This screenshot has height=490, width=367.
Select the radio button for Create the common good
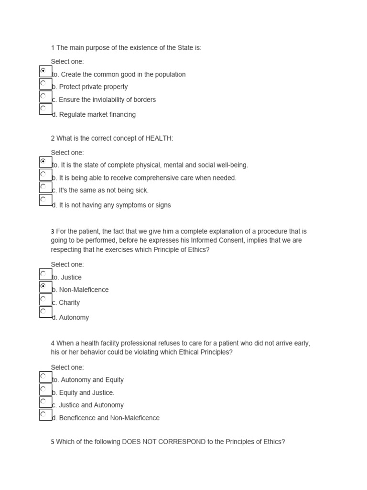tap(43, 71)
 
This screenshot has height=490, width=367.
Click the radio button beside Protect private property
tap(43, 83)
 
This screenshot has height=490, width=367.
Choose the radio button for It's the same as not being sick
tap(43, 187)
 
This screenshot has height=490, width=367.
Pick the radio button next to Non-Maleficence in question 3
tap(43, 286)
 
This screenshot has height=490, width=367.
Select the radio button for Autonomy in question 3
tap(43, 312)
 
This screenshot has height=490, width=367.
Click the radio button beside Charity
tap(43, 299)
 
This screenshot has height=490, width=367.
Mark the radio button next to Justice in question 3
tap(43, 274)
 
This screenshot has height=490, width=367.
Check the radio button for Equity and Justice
tap(43, 389)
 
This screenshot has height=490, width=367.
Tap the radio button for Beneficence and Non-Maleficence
tap(43, 414)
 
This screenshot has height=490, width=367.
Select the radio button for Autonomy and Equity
tap(43, 376)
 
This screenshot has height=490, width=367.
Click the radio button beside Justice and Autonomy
tap(43, 401)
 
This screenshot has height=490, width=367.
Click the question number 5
tap(53, 442)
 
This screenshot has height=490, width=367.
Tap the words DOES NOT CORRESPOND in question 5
tap(163, 442)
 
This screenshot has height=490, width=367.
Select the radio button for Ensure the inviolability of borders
tap(43, 96)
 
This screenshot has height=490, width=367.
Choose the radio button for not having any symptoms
tap(43, 199)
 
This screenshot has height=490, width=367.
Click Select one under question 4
tap(67, 367)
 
